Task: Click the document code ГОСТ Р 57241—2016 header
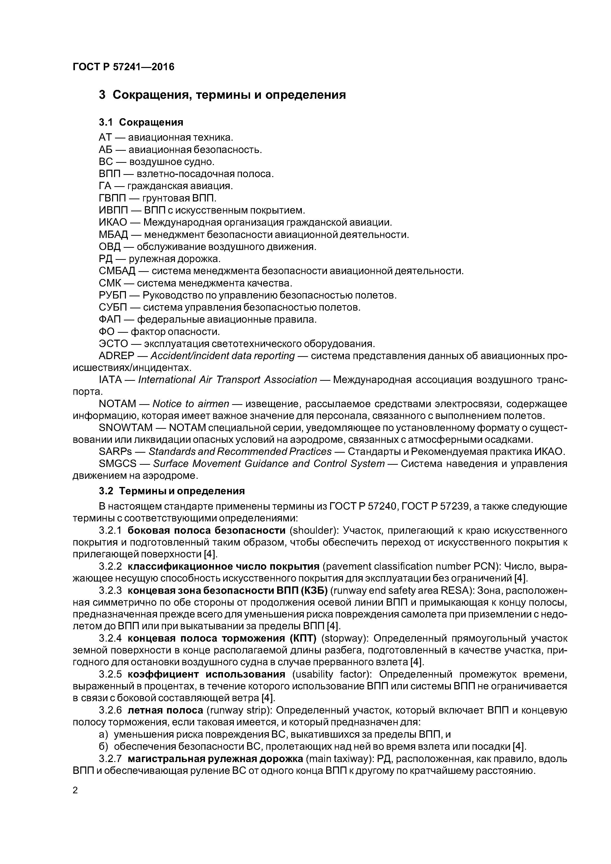coord(123,67)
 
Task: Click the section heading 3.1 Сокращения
coord(141,122)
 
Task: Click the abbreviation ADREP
coord(116,356)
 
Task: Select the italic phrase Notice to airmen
coord(191,404)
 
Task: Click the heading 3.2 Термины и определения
coord(172,491)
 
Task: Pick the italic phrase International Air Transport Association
coord(227,380)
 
